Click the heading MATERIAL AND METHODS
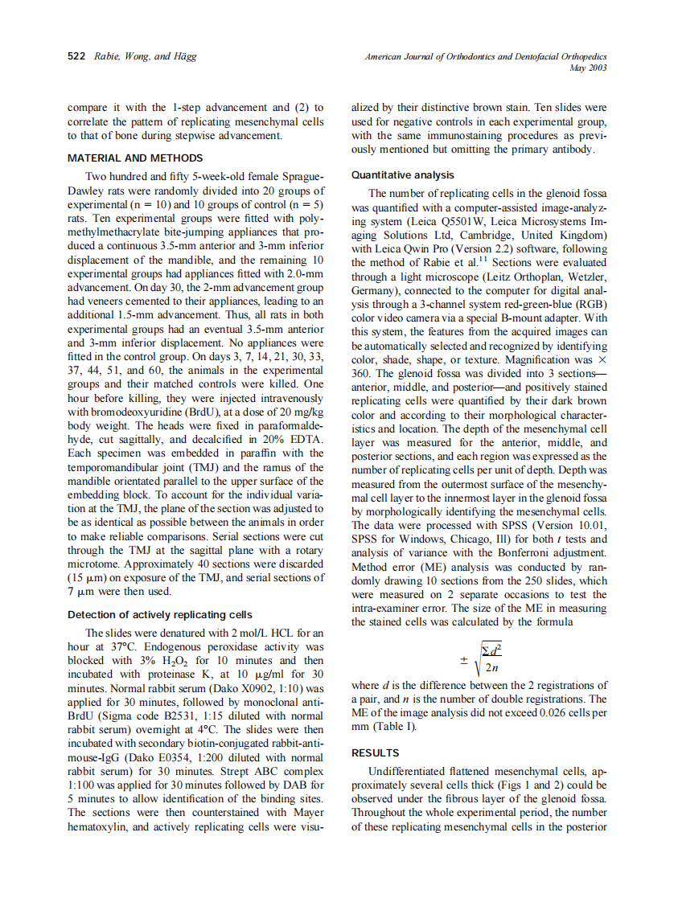(135, 158)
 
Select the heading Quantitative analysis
(403, 174)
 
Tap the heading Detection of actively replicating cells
(160, 614)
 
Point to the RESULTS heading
(376, 753)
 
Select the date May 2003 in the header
(587, 68)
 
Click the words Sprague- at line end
(299, 175)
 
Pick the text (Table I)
(375, 727)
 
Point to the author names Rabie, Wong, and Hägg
(145, 56)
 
